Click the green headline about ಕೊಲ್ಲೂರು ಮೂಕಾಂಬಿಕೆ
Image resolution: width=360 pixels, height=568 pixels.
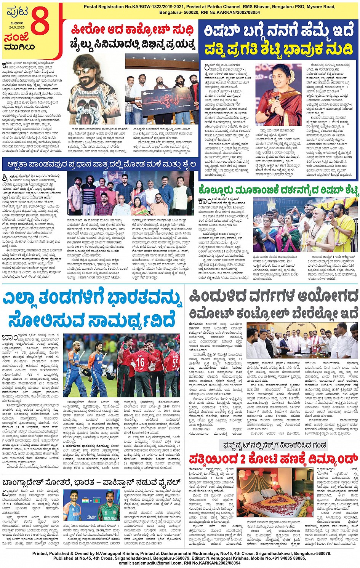coord(278,190)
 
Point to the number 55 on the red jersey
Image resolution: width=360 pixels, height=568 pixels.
coord(175,363)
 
